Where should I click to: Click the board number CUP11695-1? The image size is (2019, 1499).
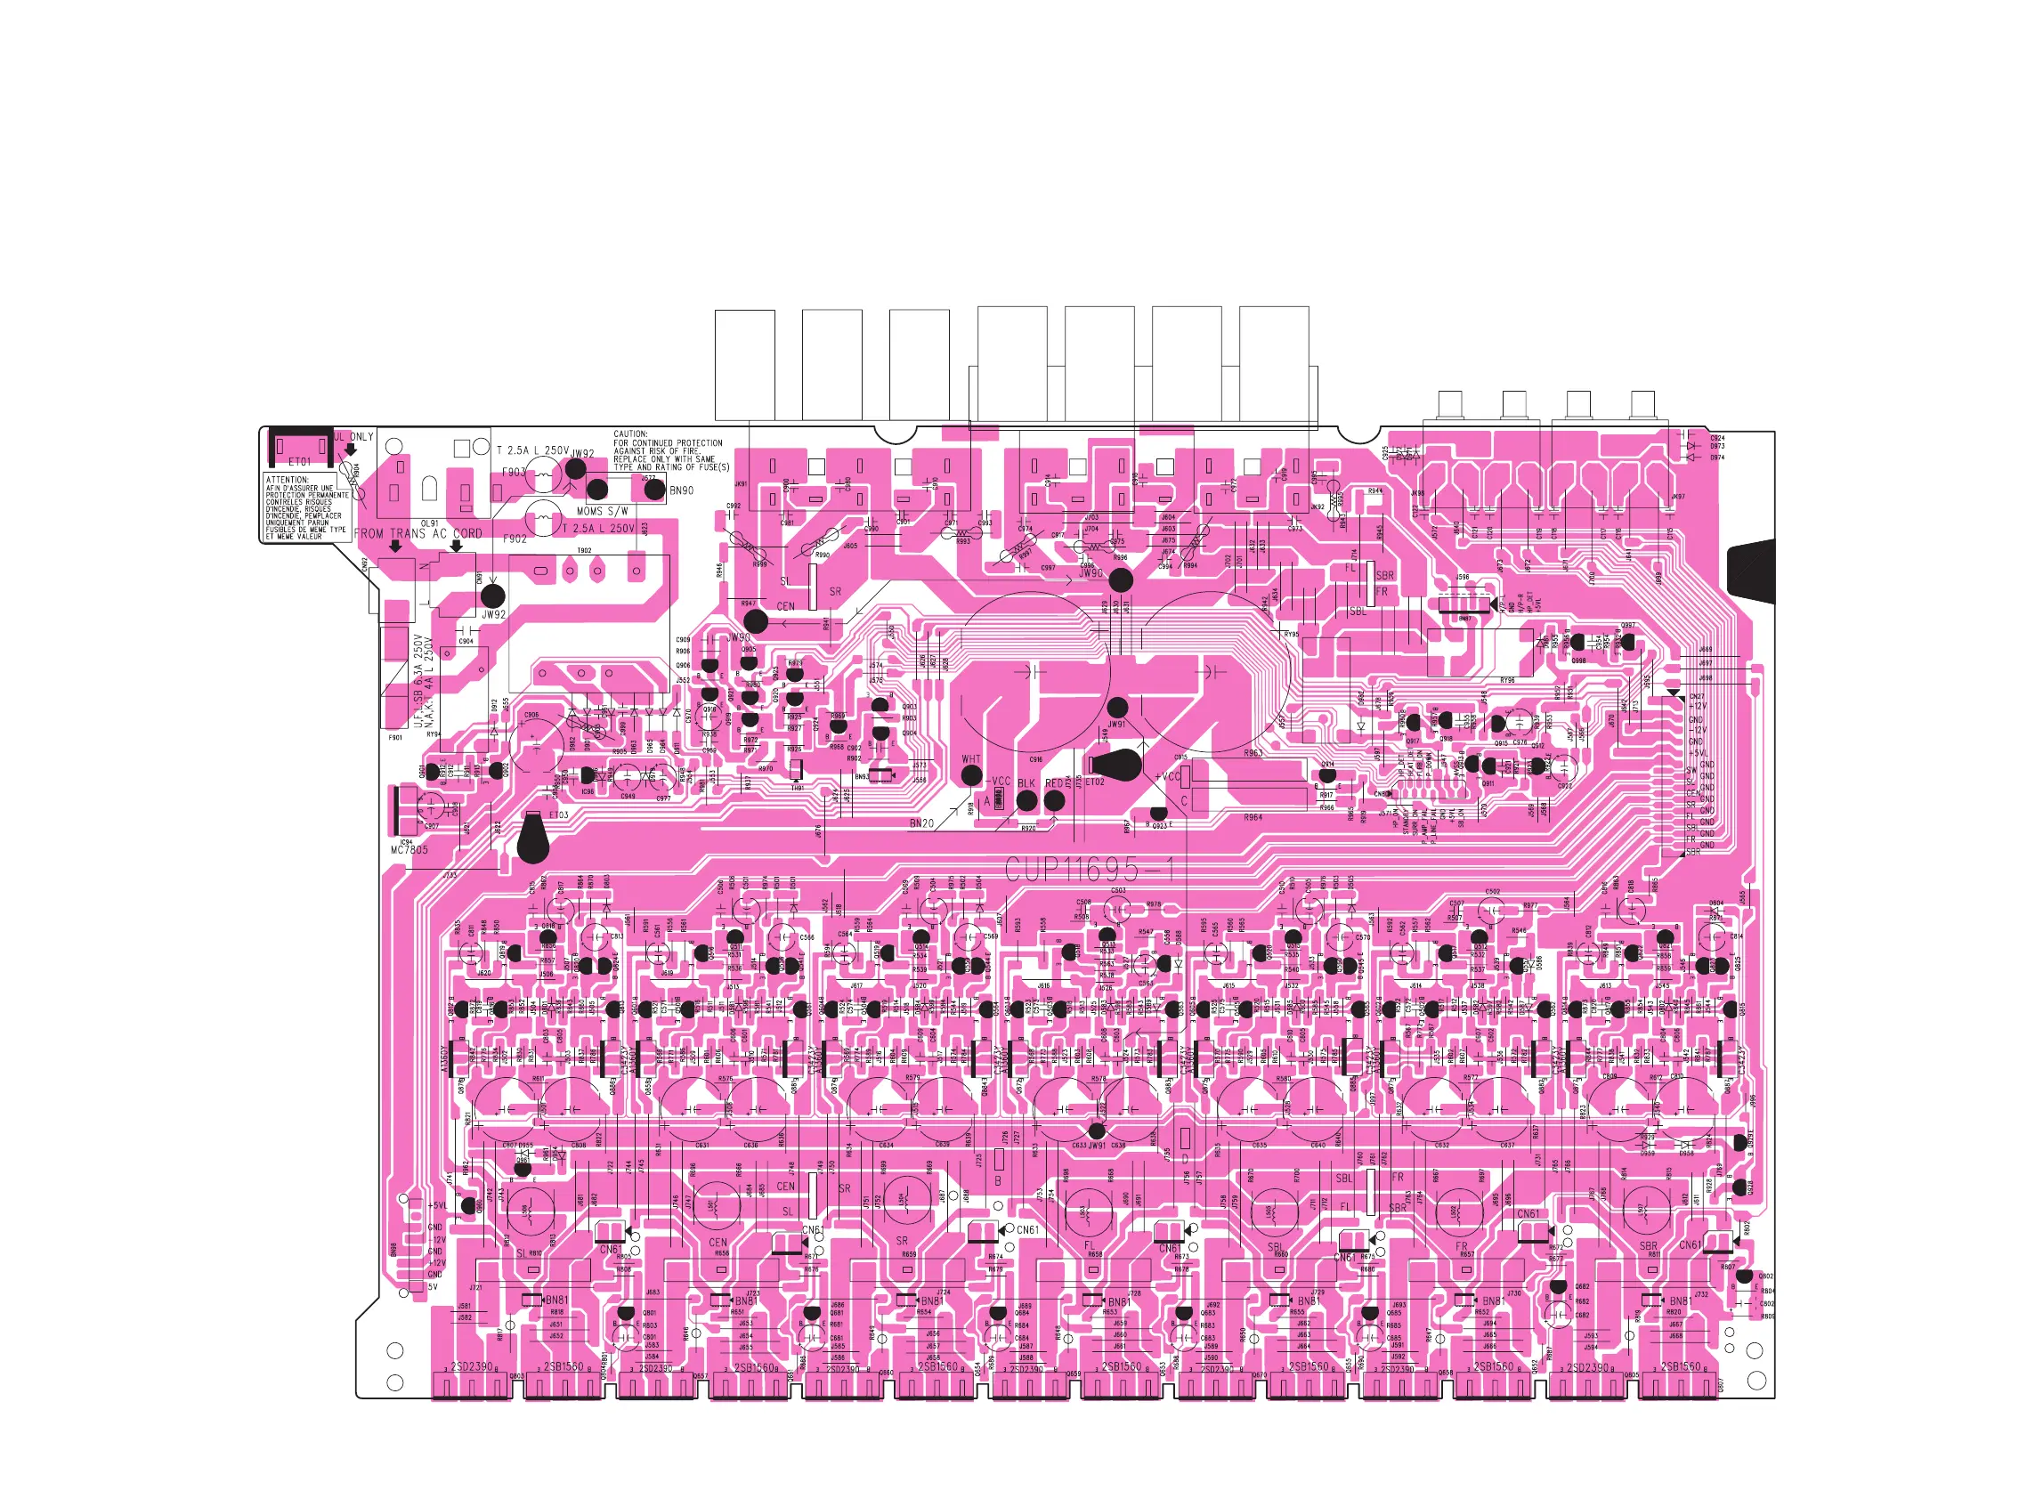(x=1089, y=870)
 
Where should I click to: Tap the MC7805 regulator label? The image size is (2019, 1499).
(x=409, y=850)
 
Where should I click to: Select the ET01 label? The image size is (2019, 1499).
(x=299, y=462)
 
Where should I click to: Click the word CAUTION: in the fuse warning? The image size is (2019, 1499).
(x=630, y=433)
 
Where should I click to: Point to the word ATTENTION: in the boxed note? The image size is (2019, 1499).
(x=287, y=480)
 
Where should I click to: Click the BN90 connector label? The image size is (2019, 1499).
(x=682, y=490)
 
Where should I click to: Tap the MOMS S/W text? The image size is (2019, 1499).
(x=603, y=512)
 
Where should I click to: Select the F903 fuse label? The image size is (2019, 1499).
(x=514, y=472)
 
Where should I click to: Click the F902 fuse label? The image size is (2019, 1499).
(x=515, y=538)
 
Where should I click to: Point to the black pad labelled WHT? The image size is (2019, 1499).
(x=971, y=775)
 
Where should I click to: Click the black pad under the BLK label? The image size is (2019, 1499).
(x=1026, y=800)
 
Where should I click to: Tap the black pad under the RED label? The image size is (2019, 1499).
(x=1054, y=800)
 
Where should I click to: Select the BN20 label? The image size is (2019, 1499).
(x=921, y=823)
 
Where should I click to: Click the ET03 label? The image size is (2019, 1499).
(x=559, y=814)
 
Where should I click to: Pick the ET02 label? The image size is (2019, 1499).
(x=1095, y=782)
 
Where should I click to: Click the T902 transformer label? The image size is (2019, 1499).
(x=584, y=551)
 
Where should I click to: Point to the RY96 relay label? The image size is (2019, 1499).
(x=1507, y=681)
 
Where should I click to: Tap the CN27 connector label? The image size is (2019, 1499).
(x=1697, y=697)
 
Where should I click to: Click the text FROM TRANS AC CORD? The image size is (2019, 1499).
(x=418, y=533)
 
